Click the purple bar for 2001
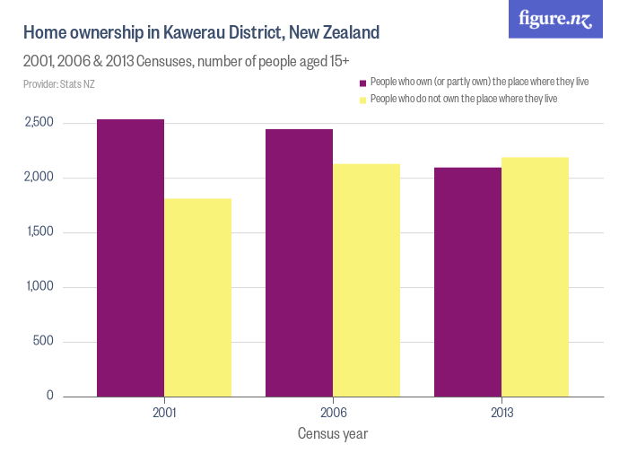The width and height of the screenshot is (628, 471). coord(131,257)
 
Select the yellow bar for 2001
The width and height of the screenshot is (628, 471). coord(198,297)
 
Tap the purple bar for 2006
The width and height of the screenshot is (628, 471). coord(299,263)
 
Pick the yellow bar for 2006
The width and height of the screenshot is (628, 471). coord(366,280)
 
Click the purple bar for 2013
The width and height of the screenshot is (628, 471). coord(467,282)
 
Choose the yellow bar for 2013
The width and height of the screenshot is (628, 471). coord(535,276)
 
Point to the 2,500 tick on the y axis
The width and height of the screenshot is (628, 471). coord(39,123)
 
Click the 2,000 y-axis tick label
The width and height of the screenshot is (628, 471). coord(39,178)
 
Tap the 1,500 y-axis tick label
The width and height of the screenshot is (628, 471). coord(39,232)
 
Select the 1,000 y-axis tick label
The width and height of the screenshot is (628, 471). coord(39,287)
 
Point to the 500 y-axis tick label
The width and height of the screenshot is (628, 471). coord(43,342)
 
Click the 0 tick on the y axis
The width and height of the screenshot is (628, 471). coord(49,396)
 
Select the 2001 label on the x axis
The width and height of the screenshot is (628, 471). coord(164,414)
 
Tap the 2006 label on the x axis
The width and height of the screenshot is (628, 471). coord(333,414)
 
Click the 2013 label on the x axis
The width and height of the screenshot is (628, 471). coord(501,414)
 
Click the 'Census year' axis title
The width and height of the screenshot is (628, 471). coord(333,433)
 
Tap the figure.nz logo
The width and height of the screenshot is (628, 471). coord(555,19)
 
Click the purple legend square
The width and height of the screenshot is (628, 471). coord(363,83)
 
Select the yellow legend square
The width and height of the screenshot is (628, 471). coord(363,100)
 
